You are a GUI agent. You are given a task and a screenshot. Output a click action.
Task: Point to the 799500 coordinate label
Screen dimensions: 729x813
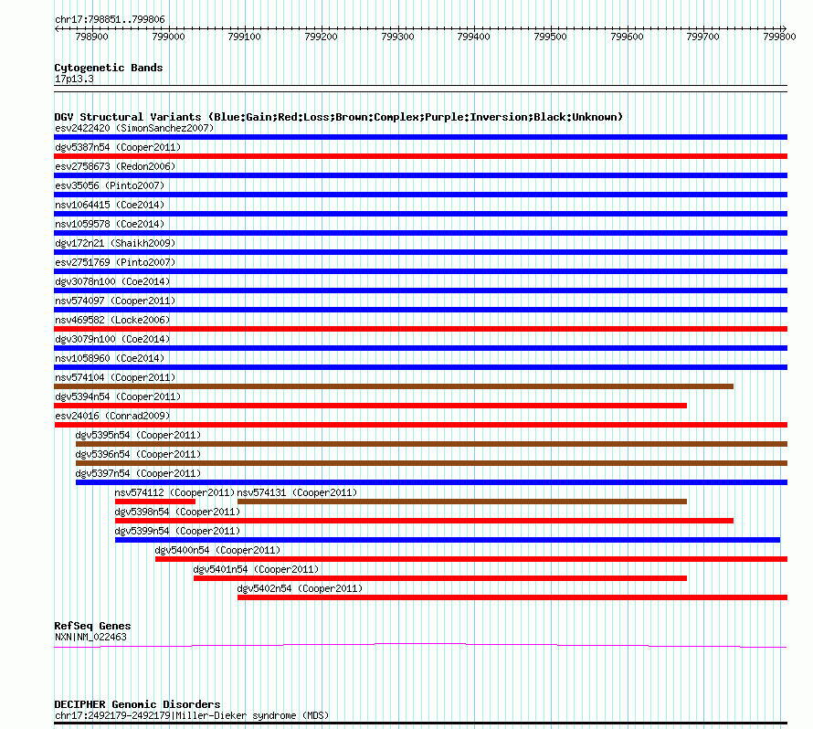pyautogui.click(x=550, y=37)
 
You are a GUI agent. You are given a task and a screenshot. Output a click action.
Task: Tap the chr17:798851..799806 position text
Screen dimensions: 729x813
pyautogui.click(x=110, y=19)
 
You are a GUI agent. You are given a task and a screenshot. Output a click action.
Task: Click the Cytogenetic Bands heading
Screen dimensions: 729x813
pyautogui.click(x=109, y=68)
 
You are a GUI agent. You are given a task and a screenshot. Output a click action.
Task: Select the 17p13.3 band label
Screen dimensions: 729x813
pyautogui.click(x=74, y=79)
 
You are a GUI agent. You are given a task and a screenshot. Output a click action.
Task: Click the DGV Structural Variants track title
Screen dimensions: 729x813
pyautogui.click(x=338, y=117)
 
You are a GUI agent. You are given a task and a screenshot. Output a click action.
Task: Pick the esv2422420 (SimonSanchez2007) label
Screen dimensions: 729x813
pyautogui.click(x=133, y=128)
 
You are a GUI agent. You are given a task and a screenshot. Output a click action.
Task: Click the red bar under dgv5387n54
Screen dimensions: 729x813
pyautogui.click(x=420, y=156)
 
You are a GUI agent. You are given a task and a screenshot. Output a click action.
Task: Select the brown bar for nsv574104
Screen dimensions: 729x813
pyautogui.click(x=394, y=386)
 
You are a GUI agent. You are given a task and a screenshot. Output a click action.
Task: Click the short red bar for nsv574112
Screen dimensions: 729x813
pyautogui.click(x=155, y=502)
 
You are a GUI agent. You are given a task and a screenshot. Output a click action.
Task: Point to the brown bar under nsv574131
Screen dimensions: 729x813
pyautogui.click(x=461, y=502)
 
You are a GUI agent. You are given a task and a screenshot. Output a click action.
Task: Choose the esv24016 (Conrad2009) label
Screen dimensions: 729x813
pyautogui.click(x=112, y=416)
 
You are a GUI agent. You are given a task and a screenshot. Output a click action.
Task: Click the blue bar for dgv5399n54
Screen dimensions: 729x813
pyautogui.click(x=448, y=540)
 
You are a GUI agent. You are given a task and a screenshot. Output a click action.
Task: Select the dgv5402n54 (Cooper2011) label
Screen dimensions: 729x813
pyautogui.click(x=300, y=588)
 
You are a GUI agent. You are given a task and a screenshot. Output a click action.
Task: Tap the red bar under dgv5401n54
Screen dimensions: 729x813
pyautogui.click(x=439, y=578)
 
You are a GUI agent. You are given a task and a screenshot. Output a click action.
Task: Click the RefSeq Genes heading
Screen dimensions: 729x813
pyautogui.click(x=92, y=626)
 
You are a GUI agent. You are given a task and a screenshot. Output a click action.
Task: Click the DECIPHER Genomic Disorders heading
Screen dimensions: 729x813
pyautogui.click(x=137, y=704)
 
